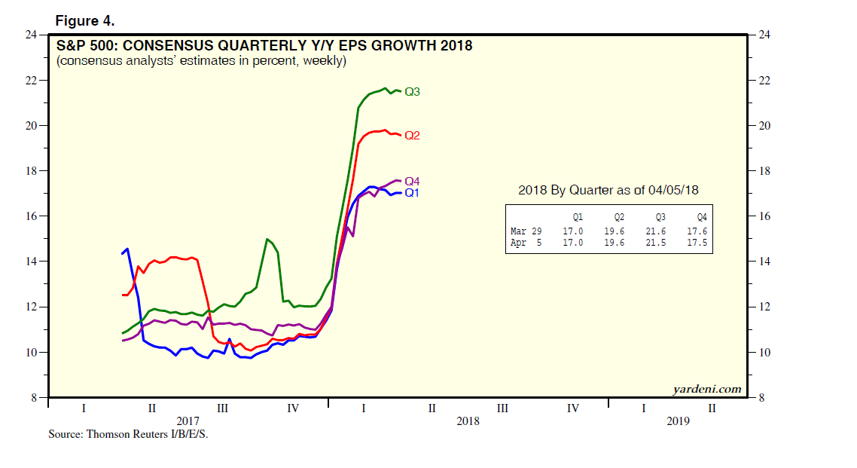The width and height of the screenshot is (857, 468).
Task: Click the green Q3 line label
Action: pos(412,92)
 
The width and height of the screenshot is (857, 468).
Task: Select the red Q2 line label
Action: pos(412,136)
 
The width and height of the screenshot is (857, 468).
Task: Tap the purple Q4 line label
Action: pos(412,182)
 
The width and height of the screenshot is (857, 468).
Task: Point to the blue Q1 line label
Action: pos(412,193)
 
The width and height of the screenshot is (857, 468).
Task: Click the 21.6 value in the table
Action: pos(660,231)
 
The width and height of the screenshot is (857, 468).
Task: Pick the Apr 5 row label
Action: pos(526,243)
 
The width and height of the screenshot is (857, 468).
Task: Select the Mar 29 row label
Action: pos(526,231)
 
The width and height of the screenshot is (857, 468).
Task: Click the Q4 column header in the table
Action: pos(701,216)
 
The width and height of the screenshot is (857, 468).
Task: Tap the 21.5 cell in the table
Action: pos(660,243)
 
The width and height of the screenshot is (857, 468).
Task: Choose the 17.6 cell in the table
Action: pos(701,231)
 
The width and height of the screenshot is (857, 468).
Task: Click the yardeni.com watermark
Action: pos(706,389)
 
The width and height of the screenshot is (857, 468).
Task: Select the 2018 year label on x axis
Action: pos(468,421)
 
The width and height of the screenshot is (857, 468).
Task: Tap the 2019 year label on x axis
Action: pos(678,421)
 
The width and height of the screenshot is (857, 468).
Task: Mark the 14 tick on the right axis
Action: pos(764,262)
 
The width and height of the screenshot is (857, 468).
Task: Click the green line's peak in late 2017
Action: pos(267,240)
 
